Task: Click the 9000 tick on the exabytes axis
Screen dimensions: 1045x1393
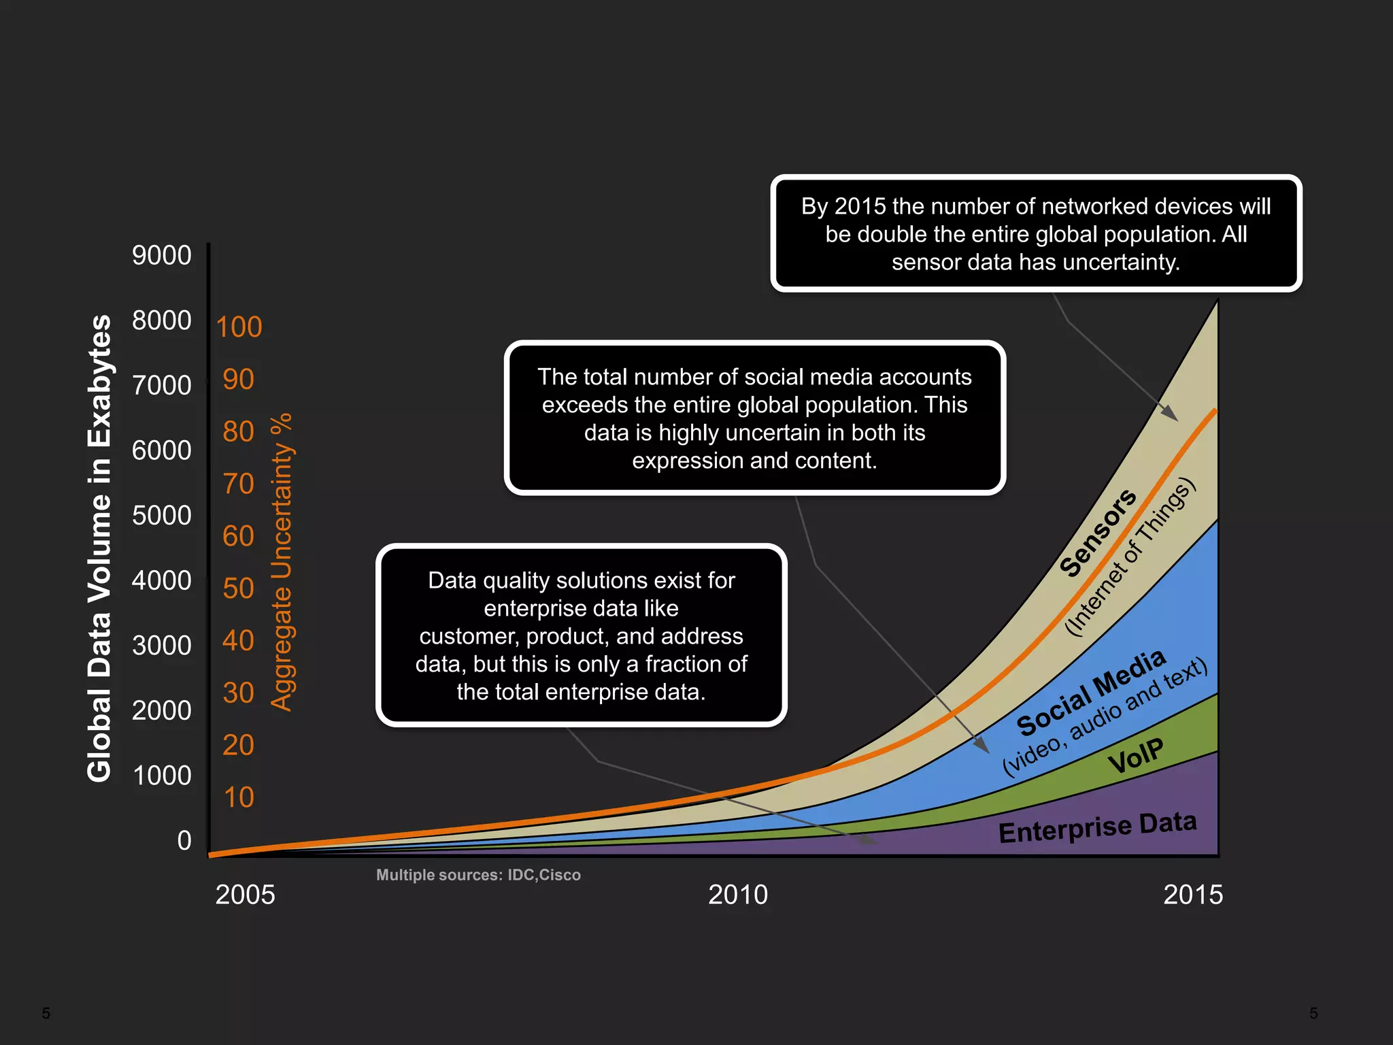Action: pyautogui.click(x=162, y=255)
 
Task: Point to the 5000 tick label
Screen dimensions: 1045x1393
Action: pyautogui.click(x=162, y=516)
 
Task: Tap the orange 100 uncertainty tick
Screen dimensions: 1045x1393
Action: pyautogui.click(x=239, y=327)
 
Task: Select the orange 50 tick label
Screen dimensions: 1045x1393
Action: pyautogui.click(x=238, y=588)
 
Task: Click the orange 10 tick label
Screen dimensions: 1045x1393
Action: pyautogui.click(x=238, y=797)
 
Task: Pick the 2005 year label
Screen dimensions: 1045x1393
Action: pyautogui.click(x=245, y=895)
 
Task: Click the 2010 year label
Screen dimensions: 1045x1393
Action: pyautogui.click(x=738, y=895)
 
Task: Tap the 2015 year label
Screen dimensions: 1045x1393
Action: pyautogui.click(x=1193, y=895)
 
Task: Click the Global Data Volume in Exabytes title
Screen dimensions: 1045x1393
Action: pyautogui.click(x=99, y=548)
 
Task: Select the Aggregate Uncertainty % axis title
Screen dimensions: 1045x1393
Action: pyautogui.click(x=282, y=562)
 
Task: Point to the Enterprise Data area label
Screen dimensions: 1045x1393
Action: pyautogui.click(x=1097, y=827)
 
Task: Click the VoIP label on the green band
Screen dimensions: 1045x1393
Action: pyautogui.click(x=1135, y=756)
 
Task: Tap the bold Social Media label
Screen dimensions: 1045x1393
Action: pyautogui.click(x=1091, y=693)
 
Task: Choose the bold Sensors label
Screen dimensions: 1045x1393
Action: pyautogui.click(x=1097, y=533)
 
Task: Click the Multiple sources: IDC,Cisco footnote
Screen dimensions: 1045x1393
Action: pyautogui.click(x=478, y=875)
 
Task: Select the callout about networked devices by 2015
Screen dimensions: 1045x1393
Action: pyautogui.click(x=1035, y=234)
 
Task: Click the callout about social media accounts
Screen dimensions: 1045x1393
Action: pyautogui.click(x=754, y=418)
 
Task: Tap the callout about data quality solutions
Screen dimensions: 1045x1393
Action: pyautogui.click(x=581, y=635)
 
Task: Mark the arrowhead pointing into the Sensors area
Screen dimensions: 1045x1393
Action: pyautogui.click(x=1170, y=413)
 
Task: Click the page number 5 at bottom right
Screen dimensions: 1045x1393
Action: pyautogui.click(x=1313, y=1013)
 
